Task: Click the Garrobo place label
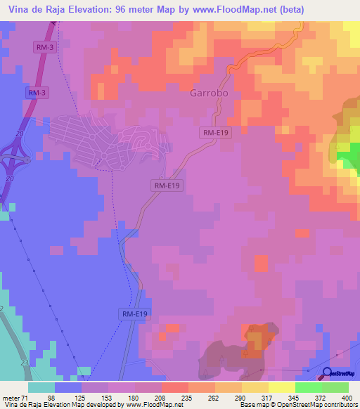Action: point(210,92)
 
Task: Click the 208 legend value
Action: point(161,397)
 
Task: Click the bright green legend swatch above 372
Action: point(308,387)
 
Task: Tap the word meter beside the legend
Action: point(12,397)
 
